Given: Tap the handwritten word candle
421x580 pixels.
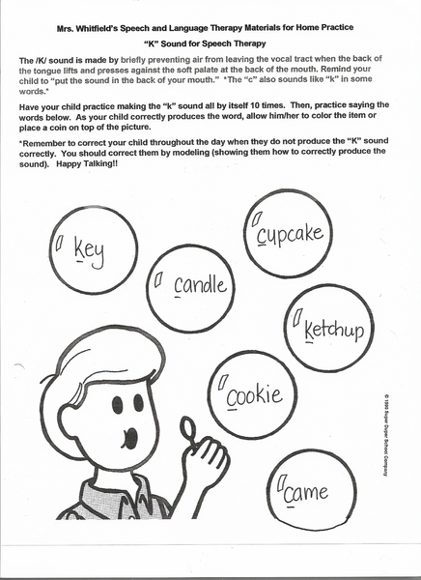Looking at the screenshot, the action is click(x=200, y=285).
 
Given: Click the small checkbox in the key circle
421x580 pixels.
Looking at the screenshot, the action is click(x=59, y=243).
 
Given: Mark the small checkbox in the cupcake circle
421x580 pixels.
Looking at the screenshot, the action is click(x=257, y=220).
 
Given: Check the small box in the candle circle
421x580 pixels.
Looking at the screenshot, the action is click(x=156, y=279).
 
